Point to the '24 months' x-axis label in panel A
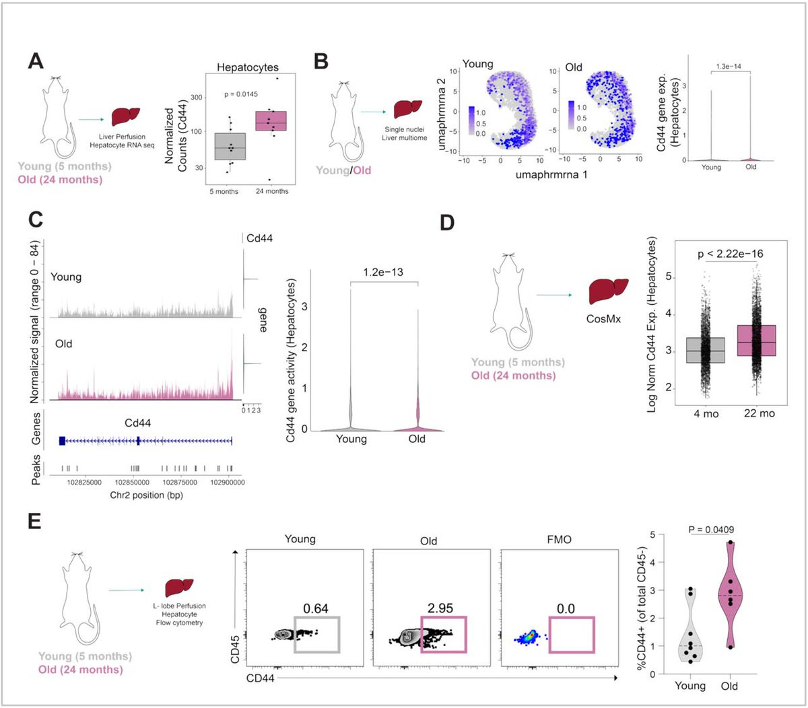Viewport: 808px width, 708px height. pos(271,191)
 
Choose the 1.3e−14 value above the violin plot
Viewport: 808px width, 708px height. pos(729,67)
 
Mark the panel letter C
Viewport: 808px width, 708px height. pos(36,221)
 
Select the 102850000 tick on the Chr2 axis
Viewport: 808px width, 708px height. pos(133,483)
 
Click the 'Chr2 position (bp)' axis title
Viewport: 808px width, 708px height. pos(146,495)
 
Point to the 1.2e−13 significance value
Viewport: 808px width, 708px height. pos(384,273)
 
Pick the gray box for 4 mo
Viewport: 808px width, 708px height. pos(706,350)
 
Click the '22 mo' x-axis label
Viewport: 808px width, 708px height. pos(759,413)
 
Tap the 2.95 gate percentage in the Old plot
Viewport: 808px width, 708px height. pos(440,608)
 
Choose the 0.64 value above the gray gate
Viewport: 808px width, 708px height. pos(315,608)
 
